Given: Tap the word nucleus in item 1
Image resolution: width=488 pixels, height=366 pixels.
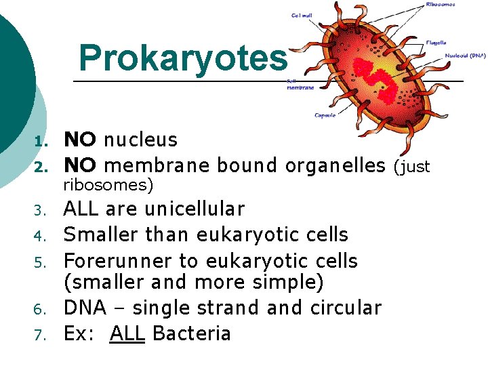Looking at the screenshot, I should click(141, 140).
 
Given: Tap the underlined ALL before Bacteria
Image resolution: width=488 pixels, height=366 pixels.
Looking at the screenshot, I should click(127, 333).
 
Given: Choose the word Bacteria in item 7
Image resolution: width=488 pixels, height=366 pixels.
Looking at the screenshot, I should click(192, 333).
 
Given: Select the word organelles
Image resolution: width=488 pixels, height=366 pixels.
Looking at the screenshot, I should click(335, 165).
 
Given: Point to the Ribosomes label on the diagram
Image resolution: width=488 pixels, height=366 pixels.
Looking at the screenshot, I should click(441, 4).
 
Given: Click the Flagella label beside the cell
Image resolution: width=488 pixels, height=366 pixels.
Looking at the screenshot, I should click(436, 43).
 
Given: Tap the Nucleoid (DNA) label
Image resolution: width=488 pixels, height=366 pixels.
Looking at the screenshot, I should click(465, 55).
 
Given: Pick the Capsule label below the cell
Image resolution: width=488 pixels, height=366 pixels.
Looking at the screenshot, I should click(325, 115).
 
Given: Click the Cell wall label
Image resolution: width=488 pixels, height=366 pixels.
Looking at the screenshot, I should click(302, 15).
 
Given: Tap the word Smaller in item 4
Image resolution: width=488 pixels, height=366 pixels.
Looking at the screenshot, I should click(99, 235).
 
